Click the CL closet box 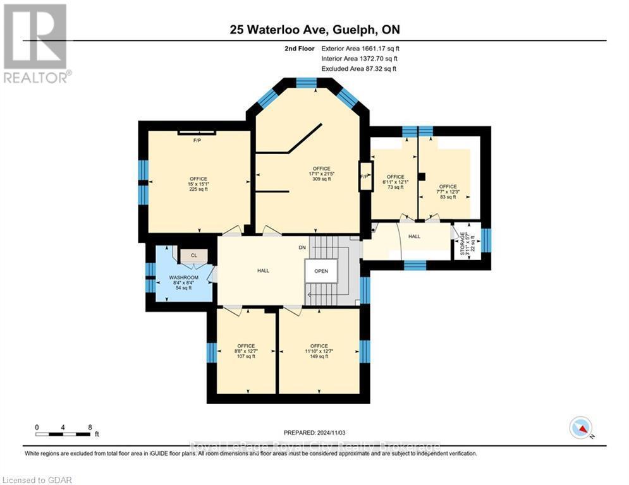click(x=193, y=256)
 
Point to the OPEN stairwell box click(x=321, y=271)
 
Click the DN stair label click(x=303, y=248)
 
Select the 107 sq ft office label click(x=246, y=351)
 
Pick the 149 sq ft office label click(x=319, y=351)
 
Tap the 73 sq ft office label click(x=395, y=182)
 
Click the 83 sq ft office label click(x=448, y=192)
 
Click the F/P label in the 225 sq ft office click(x=197, y=140)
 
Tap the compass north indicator click(x=580, y=428)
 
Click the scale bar click(x=63, y=434)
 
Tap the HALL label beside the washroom click(x=263, y=270)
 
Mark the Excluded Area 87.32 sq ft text click(x=359, y=68)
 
